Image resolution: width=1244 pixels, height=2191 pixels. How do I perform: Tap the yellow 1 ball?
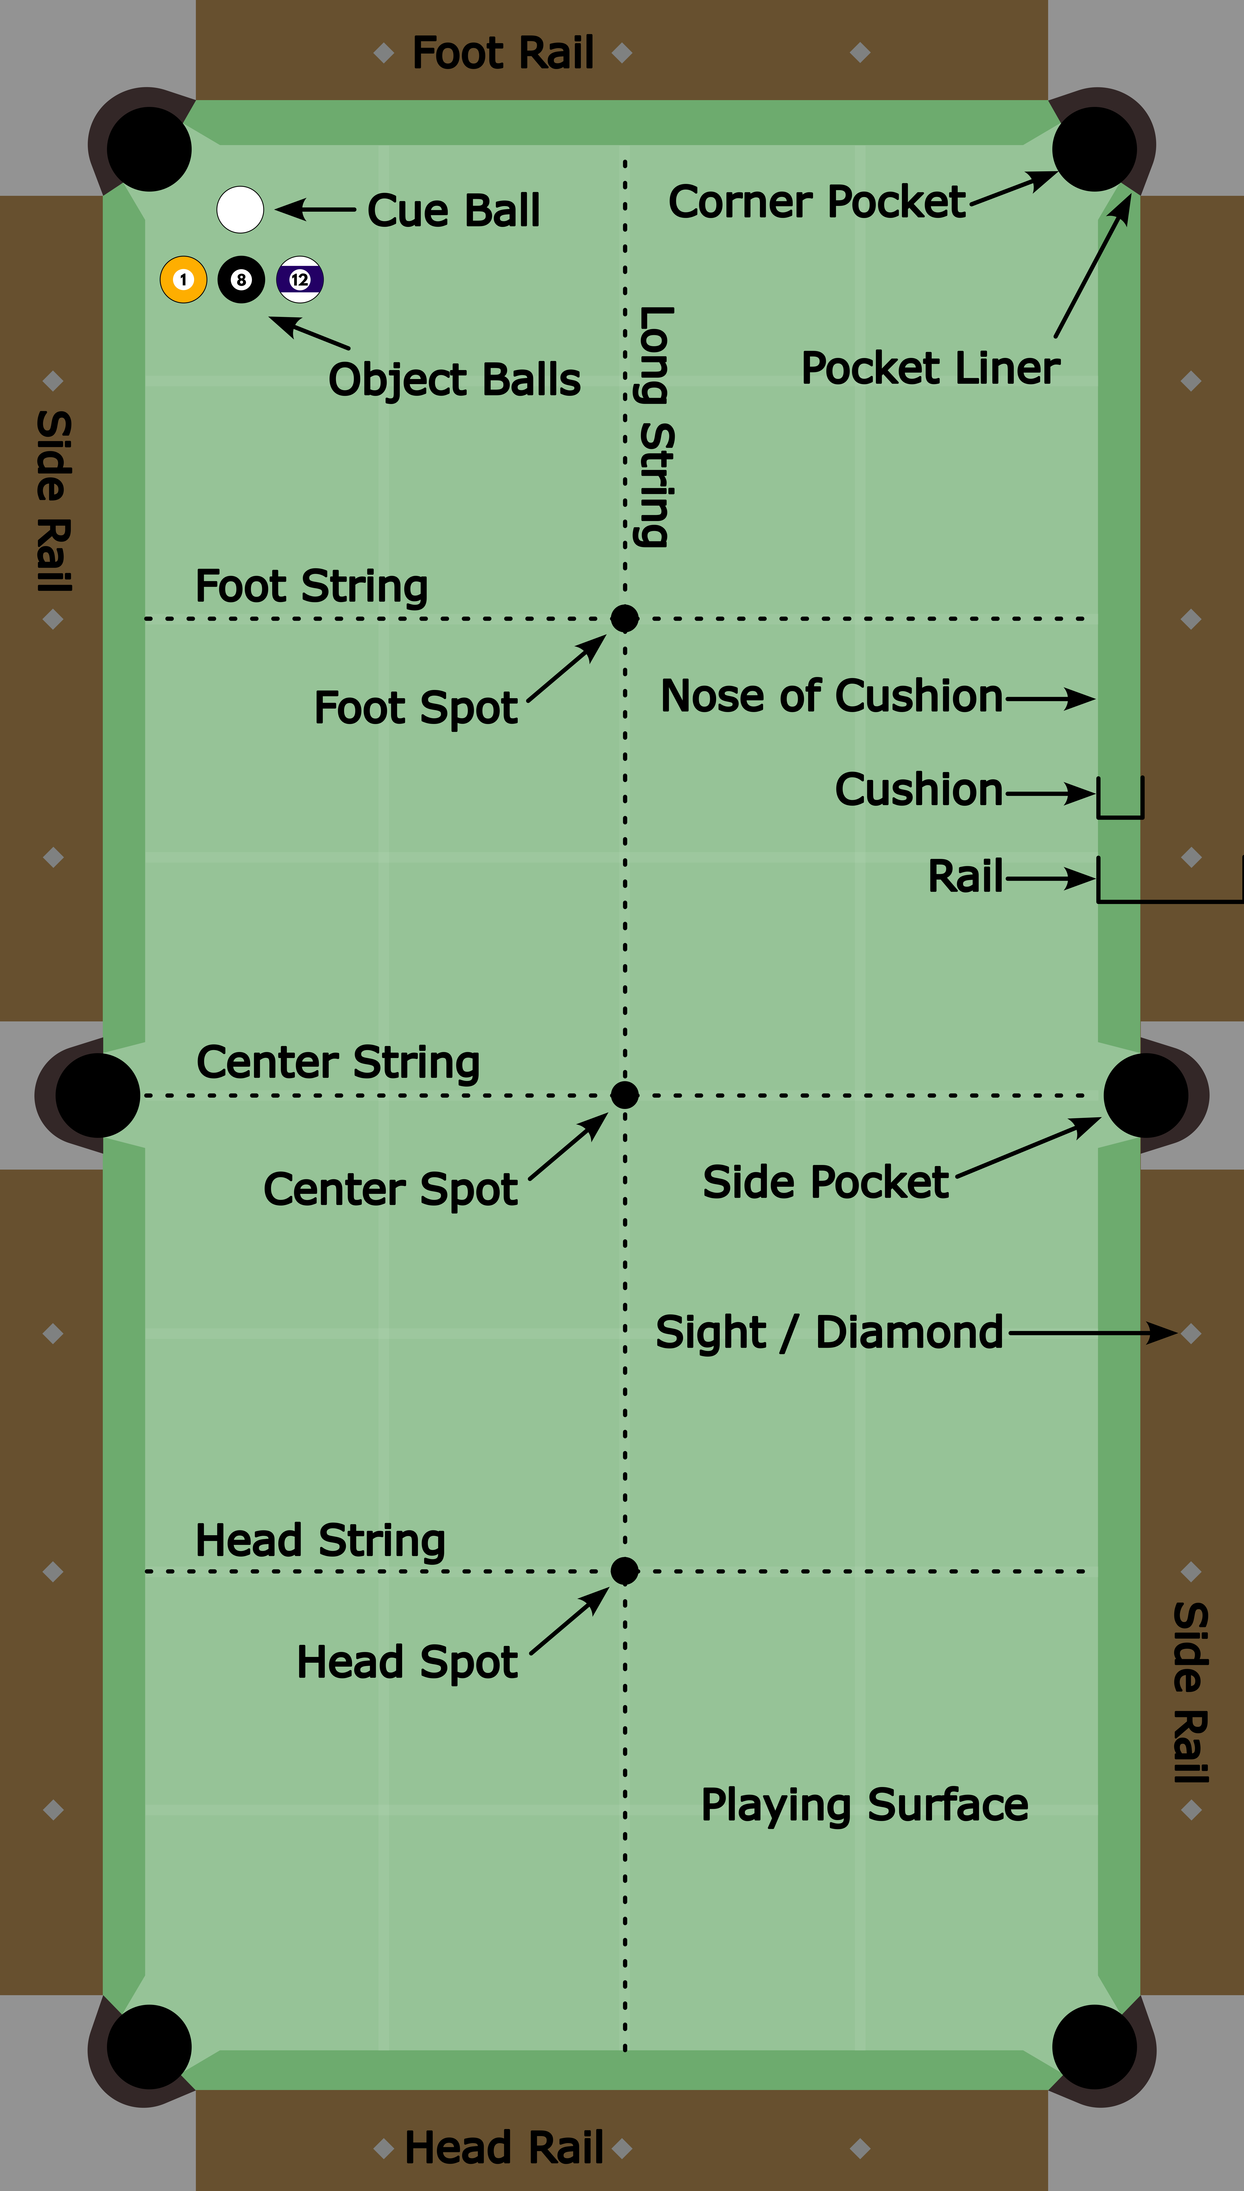pos(184,279)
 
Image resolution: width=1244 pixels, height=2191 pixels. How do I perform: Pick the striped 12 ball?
pos(300,279)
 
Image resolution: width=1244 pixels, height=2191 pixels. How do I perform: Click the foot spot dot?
pos(625,618)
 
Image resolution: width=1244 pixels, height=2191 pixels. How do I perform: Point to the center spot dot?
pos(625,1094)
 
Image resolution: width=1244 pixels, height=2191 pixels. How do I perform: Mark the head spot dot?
pos(625,1570)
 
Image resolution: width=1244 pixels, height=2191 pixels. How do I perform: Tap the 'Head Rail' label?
pos(504,2147)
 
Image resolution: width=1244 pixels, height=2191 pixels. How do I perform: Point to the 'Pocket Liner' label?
pos(930,368)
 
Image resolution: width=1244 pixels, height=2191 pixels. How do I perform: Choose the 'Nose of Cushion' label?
pos(831,696)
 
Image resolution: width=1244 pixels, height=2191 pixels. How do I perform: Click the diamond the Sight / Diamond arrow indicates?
pos(1191,1333)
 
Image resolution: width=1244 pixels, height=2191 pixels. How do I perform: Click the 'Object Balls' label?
pos(455,380)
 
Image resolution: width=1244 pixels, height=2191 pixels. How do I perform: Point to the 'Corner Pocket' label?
pos(817,202)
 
